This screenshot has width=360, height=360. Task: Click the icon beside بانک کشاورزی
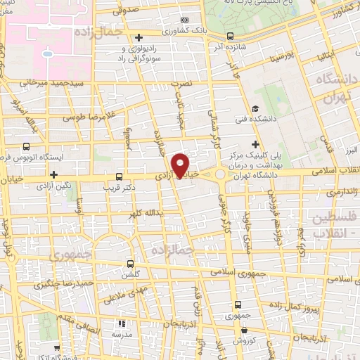[x=185, y=21]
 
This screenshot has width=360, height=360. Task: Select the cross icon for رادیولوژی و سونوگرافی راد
[x=139, y=37]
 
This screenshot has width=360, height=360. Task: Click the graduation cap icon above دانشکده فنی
[x=255, y=109]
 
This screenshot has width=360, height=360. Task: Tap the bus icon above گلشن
[x=129, y=262]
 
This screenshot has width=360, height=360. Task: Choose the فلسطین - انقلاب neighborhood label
[x=332, y=226]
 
